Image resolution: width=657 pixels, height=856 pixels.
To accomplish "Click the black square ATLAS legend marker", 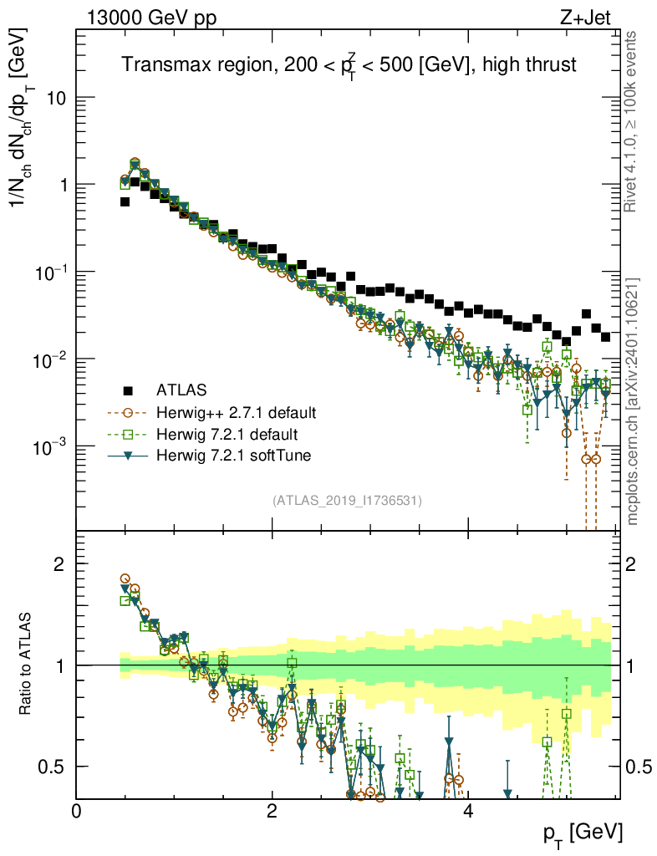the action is pyautogui.click(x=128, y=390).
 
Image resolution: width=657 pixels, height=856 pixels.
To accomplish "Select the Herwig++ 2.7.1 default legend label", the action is pyautogui.click(x=236, y=412).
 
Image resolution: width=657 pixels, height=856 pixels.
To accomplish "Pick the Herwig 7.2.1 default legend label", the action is pyautogui.click(x=227, y=434).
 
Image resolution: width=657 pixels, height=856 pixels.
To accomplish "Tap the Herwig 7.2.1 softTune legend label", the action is pyautogui.click(x=233, y=456).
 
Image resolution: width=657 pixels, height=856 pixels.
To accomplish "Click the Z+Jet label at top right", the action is pyautogui.click(x=585, y=18).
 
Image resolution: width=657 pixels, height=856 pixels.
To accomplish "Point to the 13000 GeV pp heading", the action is pyautogui.click(x=151, y=18).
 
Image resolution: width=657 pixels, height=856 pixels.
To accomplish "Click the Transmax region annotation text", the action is pyautogui.click(x=349, y=65).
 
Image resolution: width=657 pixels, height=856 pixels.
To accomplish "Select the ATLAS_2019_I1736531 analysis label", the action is pyautogui.click(x=347, y=501).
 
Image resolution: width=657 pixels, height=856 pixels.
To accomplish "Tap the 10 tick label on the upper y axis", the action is pyautogui.click(x=56, y=99).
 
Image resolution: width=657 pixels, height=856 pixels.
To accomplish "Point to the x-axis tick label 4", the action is pyautogui.click(x=467, y=811).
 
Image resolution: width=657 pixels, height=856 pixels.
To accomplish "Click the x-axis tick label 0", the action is pyautogui.click(x=76, y=811).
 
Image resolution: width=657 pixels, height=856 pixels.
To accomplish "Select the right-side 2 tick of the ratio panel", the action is pyautogui.click(x=630, y=563).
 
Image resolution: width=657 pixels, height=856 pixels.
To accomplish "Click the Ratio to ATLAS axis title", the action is pyautogui.click(x=25, y=663).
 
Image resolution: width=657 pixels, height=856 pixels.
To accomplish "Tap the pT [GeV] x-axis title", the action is pyautogui.click(x=583, y=834).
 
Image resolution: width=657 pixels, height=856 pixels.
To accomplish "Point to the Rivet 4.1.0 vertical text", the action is pyautogui.click(x=630, y=121).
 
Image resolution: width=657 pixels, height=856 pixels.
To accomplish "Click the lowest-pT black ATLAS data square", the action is pyautogui.click(x=125, y=202).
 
